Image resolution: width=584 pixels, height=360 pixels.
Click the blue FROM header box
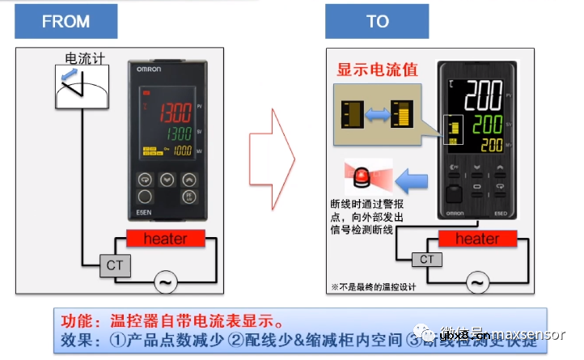[x=66, y=21]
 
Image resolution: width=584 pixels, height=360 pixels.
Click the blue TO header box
[x=377, y=21]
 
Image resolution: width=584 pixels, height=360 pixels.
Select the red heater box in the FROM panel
[x=165, y=239]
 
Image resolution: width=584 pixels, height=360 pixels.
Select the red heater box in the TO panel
[x=476, y=239]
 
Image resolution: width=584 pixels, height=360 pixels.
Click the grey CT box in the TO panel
[x=426, y=260]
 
